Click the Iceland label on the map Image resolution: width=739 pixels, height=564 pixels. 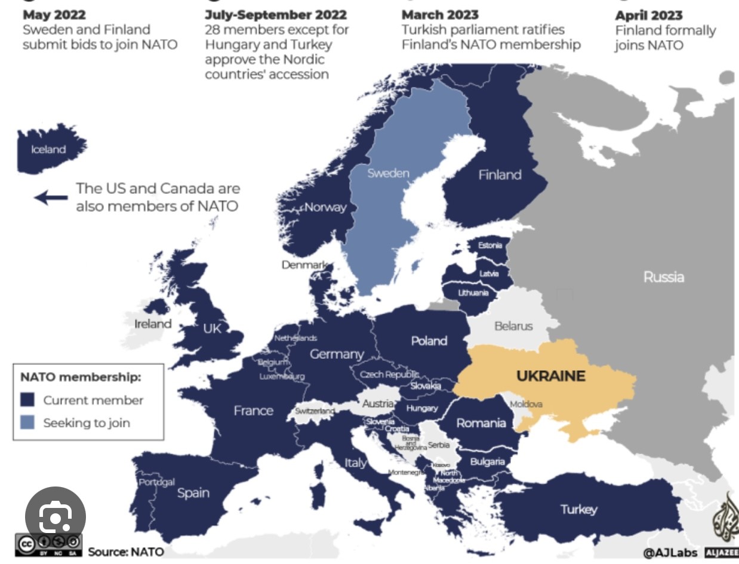48,150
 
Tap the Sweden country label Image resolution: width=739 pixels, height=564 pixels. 389,173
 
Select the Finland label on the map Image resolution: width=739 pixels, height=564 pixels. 500,175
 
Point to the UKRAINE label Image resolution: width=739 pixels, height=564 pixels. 550,376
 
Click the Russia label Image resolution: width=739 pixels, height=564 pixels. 664,277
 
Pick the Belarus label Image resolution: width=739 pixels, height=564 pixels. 513,326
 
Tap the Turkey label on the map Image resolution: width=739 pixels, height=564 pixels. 578,509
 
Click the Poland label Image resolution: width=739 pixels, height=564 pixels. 429,341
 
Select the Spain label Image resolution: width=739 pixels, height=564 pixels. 193,492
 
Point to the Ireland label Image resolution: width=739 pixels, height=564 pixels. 153,324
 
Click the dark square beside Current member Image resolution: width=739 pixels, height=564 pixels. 27,400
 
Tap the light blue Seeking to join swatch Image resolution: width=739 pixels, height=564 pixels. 27,423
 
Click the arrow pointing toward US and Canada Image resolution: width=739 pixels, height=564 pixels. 51,197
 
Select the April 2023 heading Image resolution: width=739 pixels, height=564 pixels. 649,15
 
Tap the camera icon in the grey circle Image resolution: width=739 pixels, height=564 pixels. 56,517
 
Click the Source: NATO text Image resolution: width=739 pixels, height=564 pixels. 125,552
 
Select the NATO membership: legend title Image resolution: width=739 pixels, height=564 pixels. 81,377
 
